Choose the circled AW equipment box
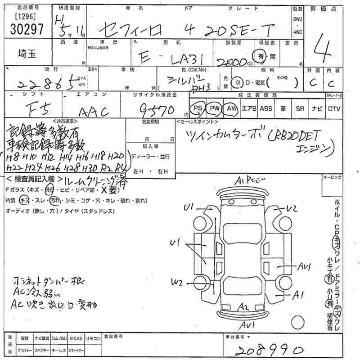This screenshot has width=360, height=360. pos(232,108)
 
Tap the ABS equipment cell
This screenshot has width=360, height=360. pos(266,108)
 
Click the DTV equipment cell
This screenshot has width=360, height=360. pos(334,108)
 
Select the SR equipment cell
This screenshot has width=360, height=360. pos(300,108)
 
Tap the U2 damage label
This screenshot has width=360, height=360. pos(292,208)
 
